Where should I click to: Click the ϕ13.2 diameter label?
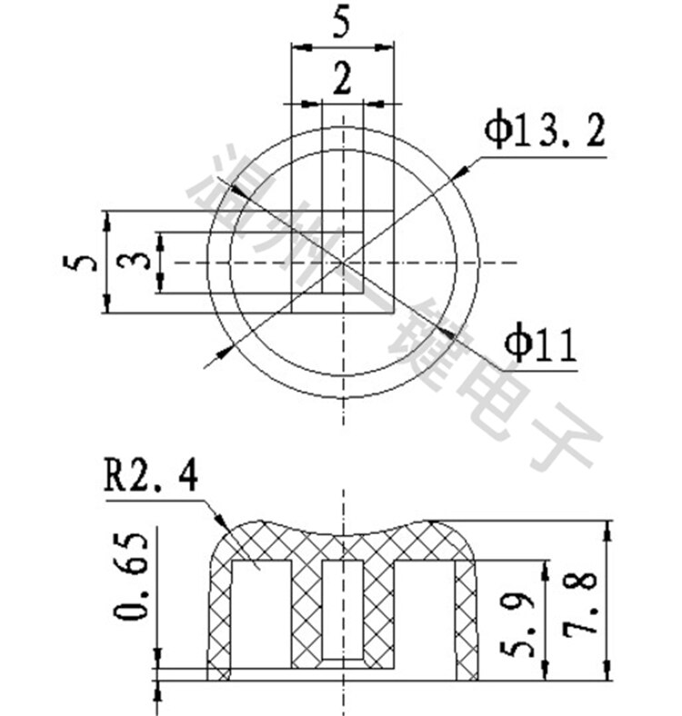pos(544,132)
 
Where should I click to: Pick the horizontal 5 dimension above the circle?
pos(342,23)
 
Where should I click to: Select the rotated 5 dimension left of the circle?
pos(80,263)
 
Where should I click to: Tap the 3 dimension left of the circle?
pos(135,263)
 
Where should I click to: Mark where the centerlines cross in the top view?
pos(343,263)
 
